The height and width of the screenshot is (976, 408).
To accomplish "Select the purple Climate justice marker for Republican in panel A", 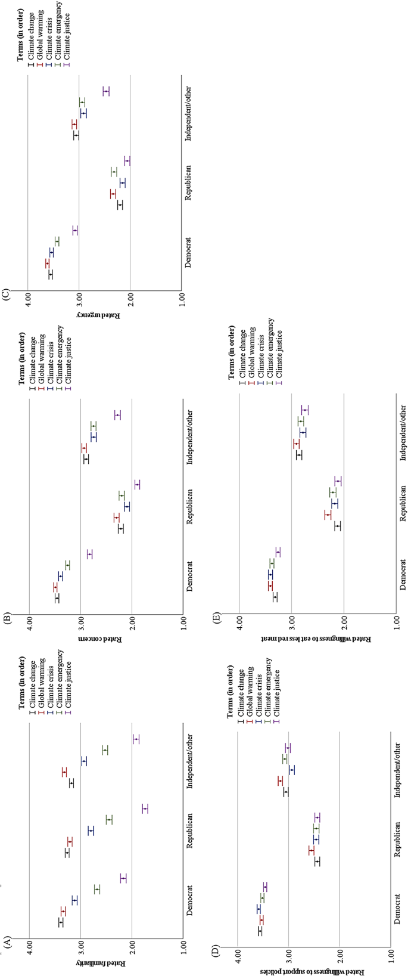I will pos(145,808).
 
